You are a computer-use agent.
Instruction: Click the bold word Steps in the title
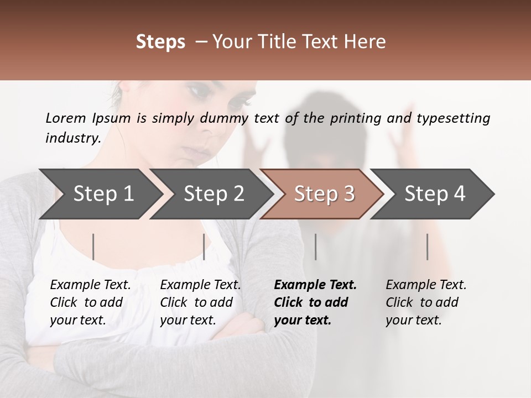[160, 42]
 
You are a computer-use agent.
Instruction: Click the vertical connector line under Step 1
[93, 247]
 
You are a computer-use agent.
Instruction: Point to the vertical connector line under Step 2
[204, 247]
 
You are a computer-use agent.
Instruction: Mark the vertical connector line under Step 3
[316, 247]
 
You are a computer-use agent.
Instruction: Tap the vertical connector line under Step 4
[428, 247]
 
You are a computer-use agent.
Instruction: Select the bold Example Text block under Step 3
[315, 302]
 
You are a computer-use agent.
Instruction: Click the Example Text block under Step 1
[90, 302]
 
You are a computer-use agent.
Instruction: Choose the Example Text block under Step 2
[200, 302]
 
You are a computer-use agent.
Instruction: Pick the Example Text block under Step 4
[426, 302]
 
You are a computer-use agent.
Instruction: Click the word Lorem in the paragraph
[66, 118]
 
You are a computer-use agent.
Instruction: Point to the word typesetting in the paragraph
[453, 118]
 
